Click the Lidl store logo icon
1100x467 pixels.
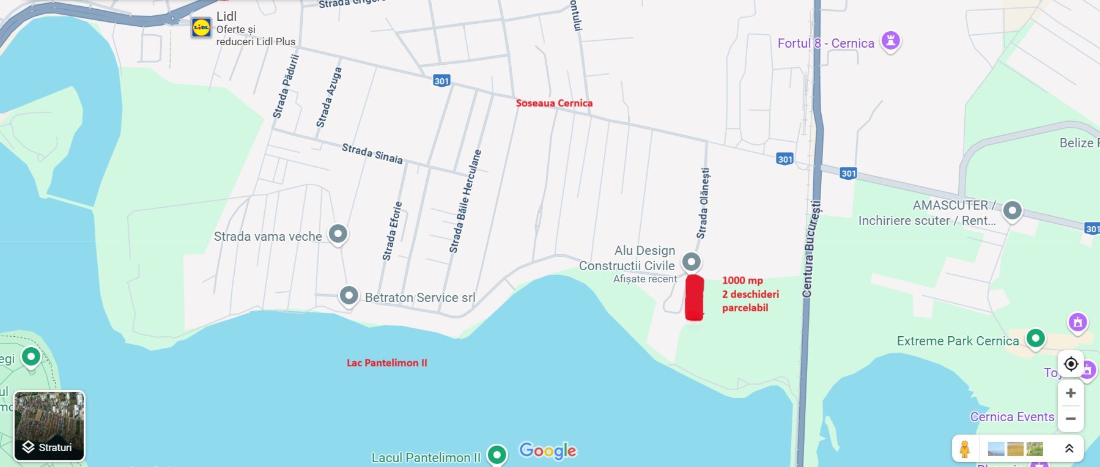201,28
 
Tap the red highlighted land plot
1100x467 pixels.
694,298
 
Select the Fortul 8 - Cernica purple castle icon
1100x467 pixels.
891,42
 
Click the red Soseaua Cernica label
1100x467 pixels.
554,103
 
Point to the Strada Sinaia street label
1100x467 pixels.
372,153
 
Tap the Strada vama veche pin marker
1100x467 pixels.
338,233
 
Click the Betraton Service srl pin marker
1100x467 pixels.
349,296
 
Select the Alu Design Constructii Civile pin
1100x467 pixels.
692,262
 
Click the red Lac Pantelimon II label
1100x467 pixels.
387,362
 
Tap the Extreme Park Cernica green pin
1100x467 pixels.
1035,337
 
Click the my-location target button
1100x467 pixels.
1071,364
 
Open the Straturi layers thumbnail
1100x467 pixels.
49,425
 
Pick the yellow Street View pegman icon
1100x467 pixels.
964,449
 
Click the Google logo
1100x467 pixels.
547,451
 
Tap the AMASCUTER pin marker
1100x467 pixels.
1013,211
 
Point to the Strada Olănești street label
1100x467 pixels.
703,204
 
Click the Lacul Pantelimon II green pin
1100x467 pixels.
497,454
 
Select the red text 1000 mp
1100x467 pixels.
742,281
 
